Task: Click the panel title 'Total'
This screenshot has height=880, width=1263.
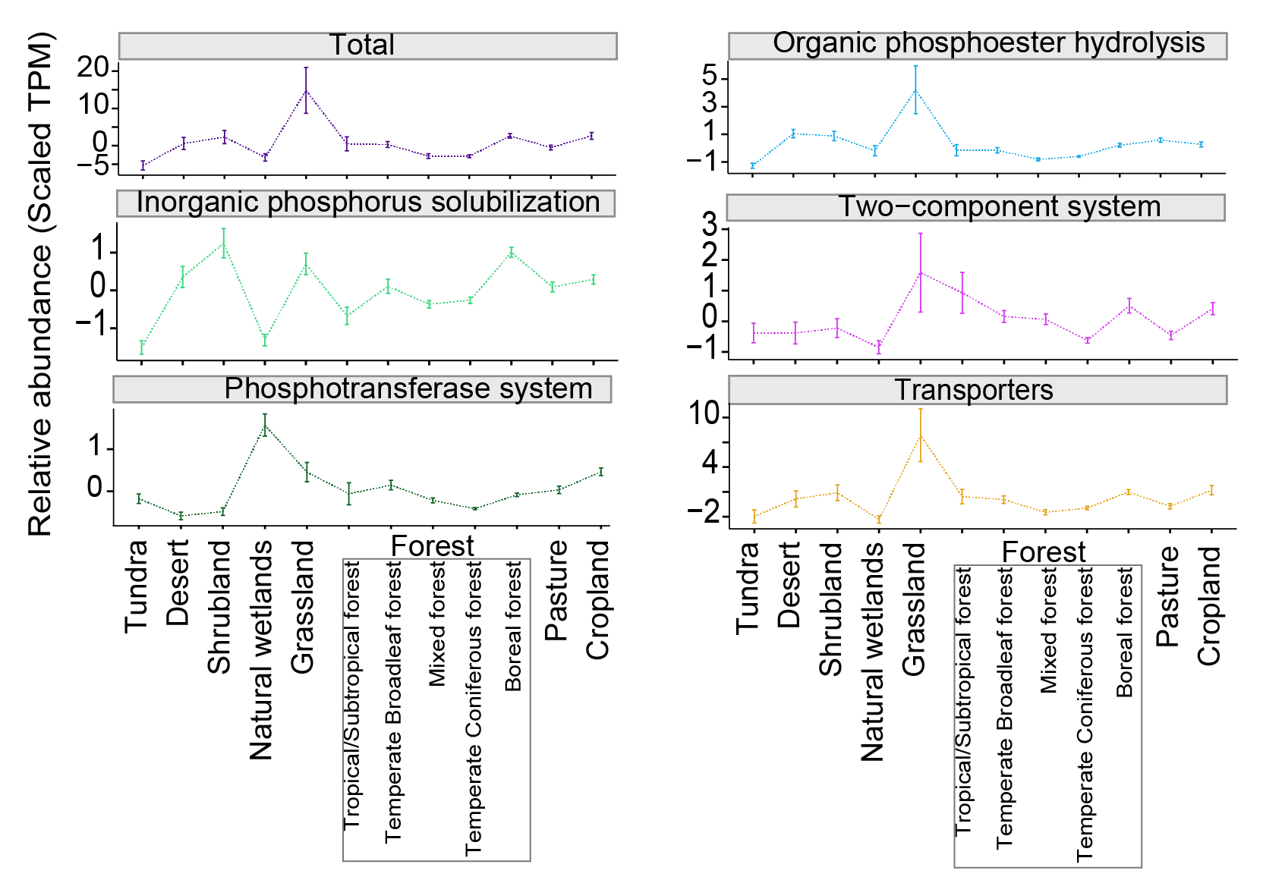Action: pyautogui.click(x=362, y=46)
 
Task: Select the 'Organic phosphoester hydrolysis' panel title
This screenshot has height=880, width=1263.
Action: pyautogui.click(x=988, y=43)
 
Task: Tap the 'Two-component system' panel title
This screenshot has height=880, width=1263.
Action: pyautogui.click(x=1000, y=207)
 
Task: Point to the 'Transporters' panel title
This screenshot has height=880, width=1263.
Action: pyautogui.click(x=974, y=390)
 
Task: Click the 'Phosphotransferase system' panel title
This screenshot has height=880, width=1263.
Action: pyautogui.click(x=408, y=388)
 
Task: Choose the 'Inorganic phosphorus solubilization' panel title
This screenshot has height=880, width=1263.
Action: pyautogui.click(x=368, y=203)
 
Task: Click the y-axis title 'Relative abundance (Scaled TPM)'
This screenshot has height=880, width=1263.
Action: pyautogui.click(x=40, y=284)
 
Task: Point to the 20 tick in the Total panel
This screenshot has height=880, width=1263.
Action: pyautogui.click(x=93, y=68)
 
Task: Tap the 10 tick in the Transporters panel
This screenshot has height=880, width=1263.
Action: pyautogui.click(x=703, y=414)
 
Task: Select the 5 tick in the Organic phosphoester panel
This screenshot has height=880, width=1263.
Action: pyautogui.click(x=710, y=75)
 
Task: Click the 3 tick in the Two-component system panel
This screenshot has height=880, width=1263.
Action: pyautogui.click(x=710, y=225)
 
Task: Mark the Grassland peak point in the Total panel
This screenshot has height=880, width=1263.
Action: pyautogui.click(x=306, y=91)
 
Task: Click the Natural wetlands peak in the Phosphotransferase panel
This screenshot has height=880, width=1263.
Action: pyautogui.click(x=265, y=426)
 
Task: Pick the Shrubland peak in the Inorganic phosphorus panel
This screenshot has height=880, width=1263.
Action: pyautogui.click(x=224, y=244)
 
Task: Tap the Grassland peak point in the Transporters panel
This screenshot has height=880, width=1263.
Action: pyautogui.click(x=921, y=435)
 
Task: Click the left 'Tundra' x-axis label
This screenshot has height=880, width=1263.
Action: pyautogui.click(x=136, y=586)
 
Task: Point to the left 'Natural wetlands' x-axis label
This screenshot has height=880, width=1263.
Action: pyautogui.click(x=261, y=650)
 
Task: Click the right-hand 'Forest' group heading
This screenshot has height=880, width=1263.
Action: pyautogui.click(x=1044, y=552)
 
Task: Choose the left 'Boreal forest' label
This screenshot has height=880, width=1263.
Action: pyautogui.click(x=514, y=626)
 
